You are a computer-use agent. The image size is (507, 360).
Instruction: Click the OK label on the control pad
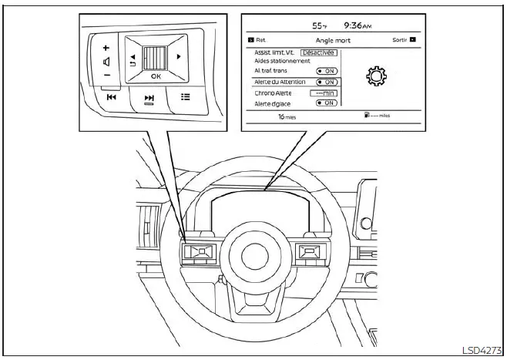156,76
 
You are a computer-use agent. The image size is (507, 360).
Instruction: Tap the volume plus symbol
106,47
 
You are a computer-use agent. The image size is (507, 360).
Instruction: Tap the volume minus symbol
106,75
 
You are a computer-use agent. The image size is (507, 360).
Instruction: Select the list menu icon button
184,96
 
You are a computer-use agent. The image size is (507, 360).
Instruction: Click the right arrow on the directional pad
180,57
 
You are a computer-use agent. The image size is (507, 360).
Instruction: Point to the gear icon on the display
378,76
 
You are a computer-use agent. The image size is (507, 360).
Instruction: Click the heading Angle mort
333,39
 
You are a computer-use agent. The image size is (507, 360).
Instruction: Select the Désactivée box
318,52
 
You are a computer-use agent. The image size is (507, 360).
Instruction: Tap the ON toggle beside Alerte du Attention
327,81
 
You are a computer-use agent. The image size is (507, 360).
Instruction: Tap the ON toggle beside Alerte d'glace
327,103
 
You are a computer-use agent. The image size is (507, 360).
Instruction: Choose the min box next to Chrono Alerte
326,93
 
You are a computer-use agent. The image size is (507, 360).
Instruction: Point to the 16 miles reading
287,117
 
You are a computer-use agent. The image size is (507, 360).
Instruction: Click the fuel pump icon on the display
368,116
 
